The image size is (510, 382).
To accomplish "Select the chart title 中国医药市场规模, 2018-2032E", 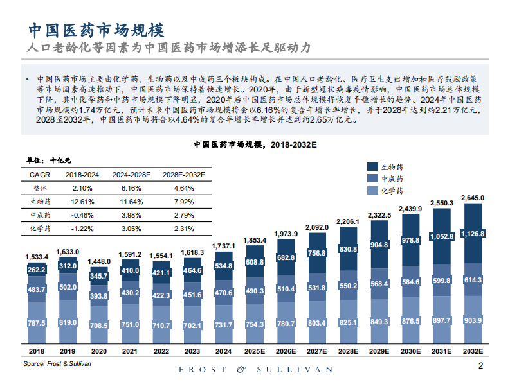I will (x=256, y=145).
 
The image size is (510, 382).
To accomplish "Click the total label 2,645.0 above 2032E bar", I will (x=473, y=198).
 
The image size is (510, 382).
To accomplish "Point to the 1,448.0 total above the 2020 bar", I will (x=100, y=261).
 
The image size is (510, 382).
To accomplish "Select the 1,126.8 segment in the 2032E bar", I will (x=473, y=233).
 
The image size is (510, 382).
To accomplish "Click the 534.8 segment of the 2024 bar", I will (x=224, y=266).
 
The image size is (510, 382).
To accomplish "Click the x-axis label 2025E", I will (x=255, y=352).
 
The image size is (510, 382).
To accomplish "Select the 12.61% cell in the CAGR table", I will (x=82, y=201).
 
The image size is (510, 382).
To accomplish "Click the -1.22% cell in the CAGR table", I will (x=82, y=228).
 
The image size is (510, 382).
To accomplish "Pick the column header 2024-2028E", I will (x=132, y=174).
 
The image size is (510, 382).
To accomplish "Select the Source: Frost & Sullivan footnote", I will (x=57, y=363).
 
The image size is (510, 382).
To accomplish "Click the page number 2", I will (x=480, y=366).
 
